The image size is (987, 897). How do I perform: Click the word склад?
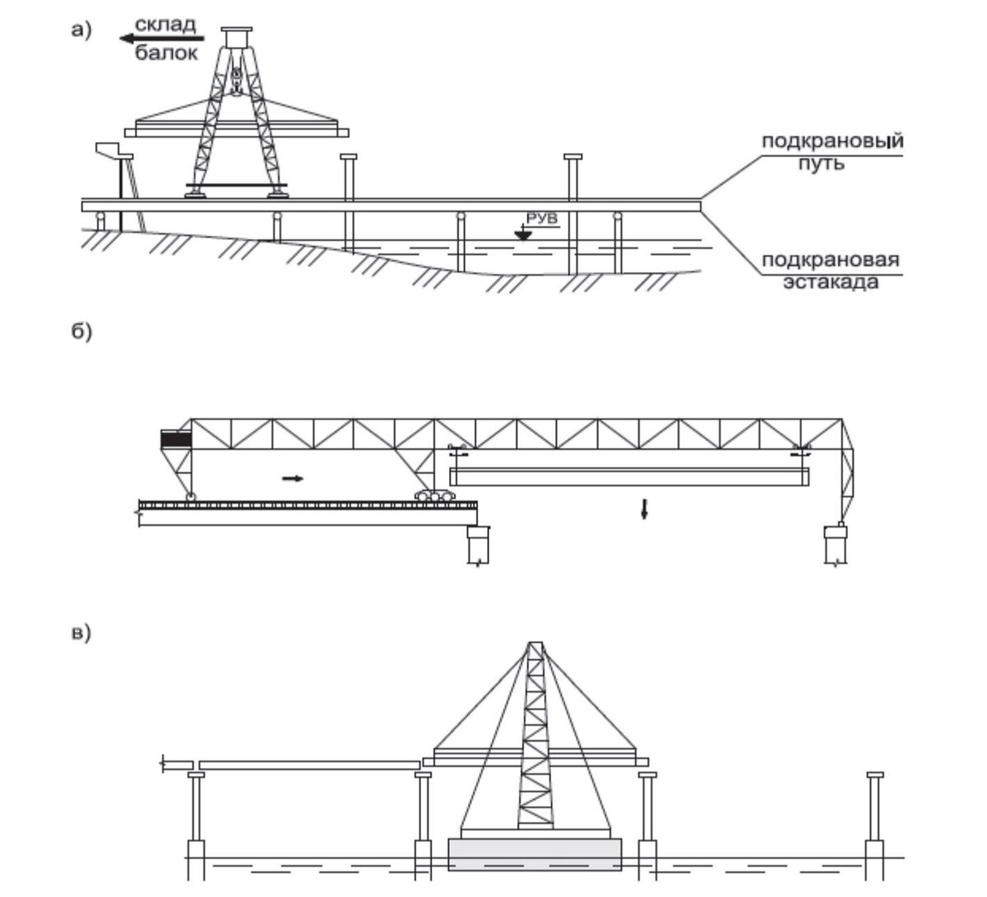tap(165, 25)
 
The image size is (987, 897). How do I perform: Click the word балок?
tap(166, 53)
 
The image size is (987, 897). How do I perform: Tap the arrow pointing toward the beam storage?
tap(162, 39)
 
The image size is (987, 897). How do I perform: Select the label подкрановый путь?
tap(832, 151)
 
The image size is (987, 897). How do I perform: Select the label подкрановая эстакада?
tap(831, 271)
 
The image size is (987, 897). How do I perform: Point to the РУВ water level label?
tap(542, 218)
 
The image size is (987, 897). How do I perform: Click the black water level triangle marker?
tap(522, 235)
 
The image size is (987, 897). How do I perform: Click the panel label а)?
tap(81, 30)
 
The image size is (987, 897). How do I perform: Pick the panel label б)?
tap(81, 332)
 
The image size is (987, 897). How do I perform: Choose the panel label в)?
tap(81, 633)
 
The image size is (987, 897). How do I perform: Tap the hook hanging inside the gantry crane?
tap(237, 81)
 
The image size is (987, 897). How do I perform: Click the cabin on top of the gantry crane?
tap(237, 37)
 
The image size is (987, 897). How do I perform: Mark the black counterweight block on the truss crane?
tap(176, 439)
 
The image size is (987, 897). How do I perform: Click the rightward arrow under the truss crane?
tap(293, 478)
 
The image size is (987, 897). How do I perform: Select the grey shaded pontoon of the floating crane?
tap(535, 854)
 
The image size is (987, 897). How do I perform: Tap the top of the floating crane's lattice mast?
tap(535, 643)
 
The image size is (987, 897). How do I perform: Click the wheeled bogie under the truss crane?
tap(434, 495)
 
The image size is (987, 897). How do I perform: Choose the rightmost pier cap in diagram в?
tap(874, 774)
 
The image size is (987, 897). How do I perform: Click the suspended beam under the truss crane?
tap(629, 477)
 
